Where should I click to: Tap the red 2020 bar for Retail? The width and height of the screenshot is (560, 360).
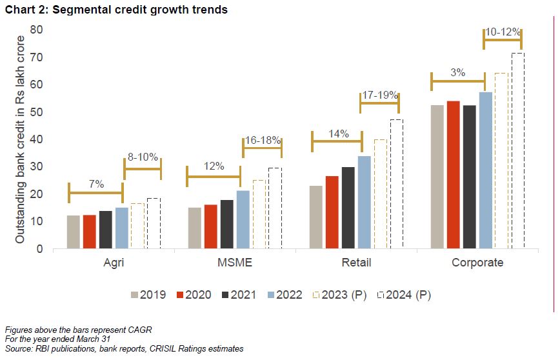coord(332,212)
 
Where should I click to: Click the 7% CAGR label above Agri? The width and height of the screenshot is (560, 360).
coord(96,185)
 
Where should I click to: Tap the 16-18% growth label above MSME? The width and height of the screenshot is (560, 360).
coord(262,140)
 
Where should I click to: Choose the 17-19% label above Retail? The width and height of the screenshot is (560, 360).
coord(379,95)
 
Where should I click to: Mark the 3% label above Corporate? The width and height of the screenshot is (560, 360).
coord(458,73)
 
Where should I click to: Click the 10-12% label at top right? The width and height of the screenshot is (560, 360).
coord(502,32)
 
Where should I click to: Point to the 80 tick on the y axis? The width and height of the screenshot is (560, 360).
coord(36,30)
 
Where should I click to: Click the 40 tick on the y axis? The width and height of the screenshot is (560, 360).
coord(36,139)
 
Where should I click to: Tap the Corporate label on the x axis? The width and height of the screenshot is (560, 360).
coord(477,263)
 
